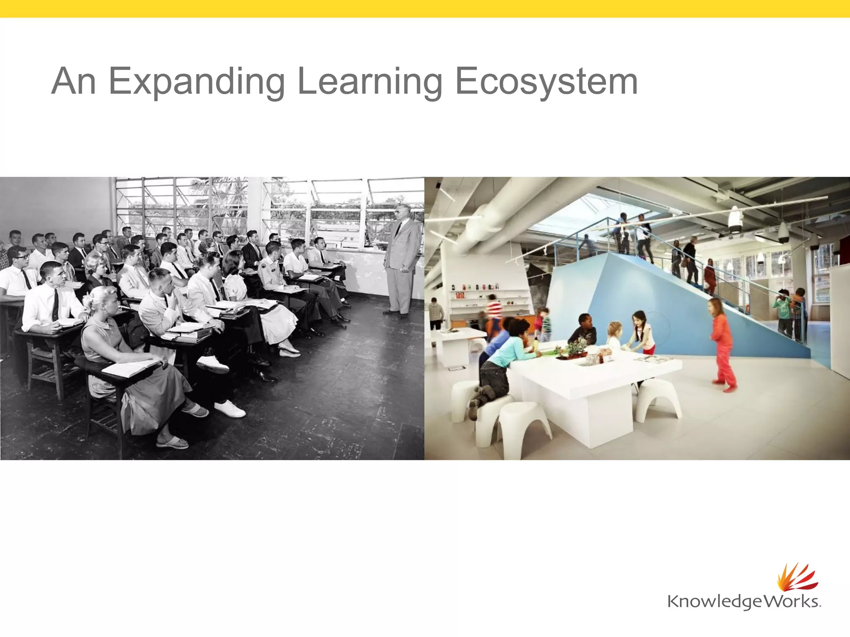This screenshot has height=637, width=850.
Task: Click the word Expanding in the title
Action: [x=197, y=82]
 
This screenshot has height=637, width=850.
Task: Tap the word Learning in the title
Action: [x=370, y=82]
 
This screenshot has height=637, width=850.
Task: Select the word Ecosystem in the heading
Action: [x=546, y=82]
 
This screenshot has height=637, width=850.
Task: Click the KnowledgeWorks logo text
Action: [x=743, y=601]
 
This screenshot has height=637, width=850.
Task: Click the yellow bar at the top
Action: [x=425, y=9]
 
